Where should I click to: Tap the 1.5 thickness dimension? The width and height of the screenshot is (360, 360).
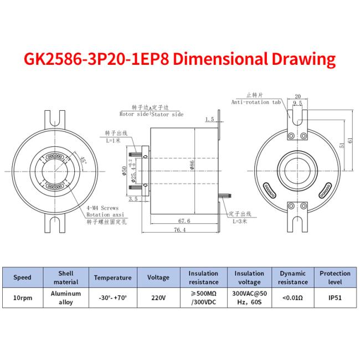(209, 119)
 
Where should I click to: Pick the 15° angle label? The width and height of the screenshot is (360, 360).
(83, 161)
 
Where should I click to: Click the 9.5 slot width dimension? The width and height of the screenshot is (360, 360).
(297, 103)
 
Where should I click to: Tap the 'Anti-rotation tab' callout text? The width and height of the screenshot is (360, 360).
(256, 101)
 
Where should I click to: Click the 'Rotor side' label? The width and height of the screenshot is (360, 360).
(135, 114)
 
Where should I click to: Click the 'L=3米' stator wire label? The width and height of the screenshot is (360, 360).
(238, 221)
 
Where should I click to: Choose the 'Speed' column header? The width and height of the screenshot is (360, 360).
(22, 277)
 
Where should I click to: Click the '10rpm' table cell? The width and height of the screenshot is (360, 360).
(22, 297)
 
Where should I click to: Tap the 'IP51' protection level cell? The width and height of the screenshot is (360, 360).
(335, 297)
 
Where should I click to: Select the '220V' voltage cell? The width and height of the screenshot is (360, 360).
(158, 297)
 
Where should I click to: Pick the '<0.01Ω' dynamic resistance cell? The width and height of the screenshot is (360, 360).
(292, 297)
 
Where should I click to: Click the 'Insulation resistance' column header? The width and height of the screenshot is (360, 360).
(203, 277)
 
